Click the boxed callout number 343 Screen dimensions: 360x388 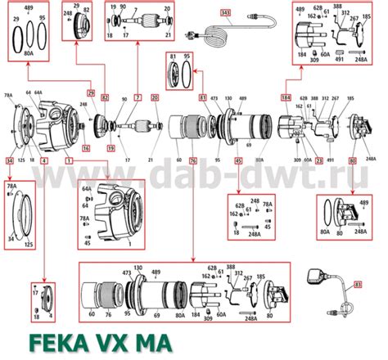pos(226,13)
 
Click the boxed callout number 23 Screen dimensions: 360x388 pos(318,160)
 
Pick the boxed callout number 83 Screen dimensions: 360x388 pos(357,285)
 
